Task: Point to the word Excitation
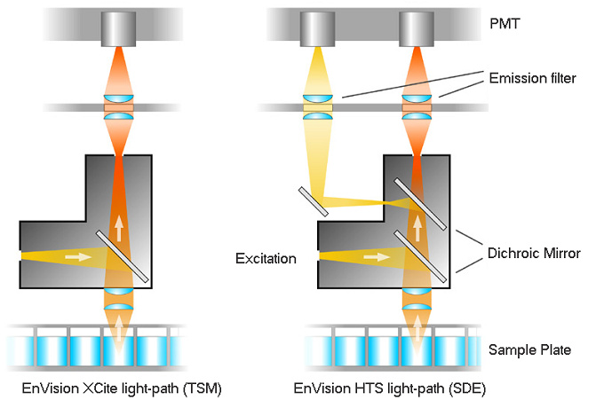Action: tap(266, 259)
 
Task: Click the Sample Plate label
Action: tap(529, 349)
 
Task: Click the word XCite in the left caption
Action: tap(96, 388)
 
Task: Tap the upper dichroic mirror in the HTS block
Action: tap(416, 200)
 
